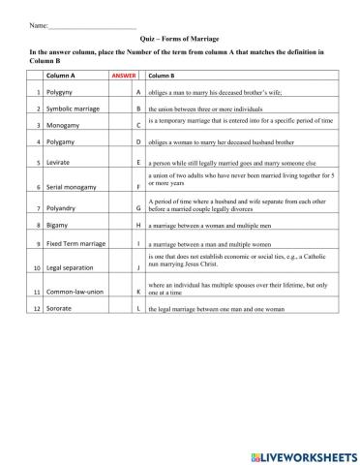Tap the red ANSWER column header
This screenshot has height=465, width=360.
pos(124,75)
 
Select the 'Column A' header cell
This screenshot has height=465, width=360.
pos(60,75)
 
